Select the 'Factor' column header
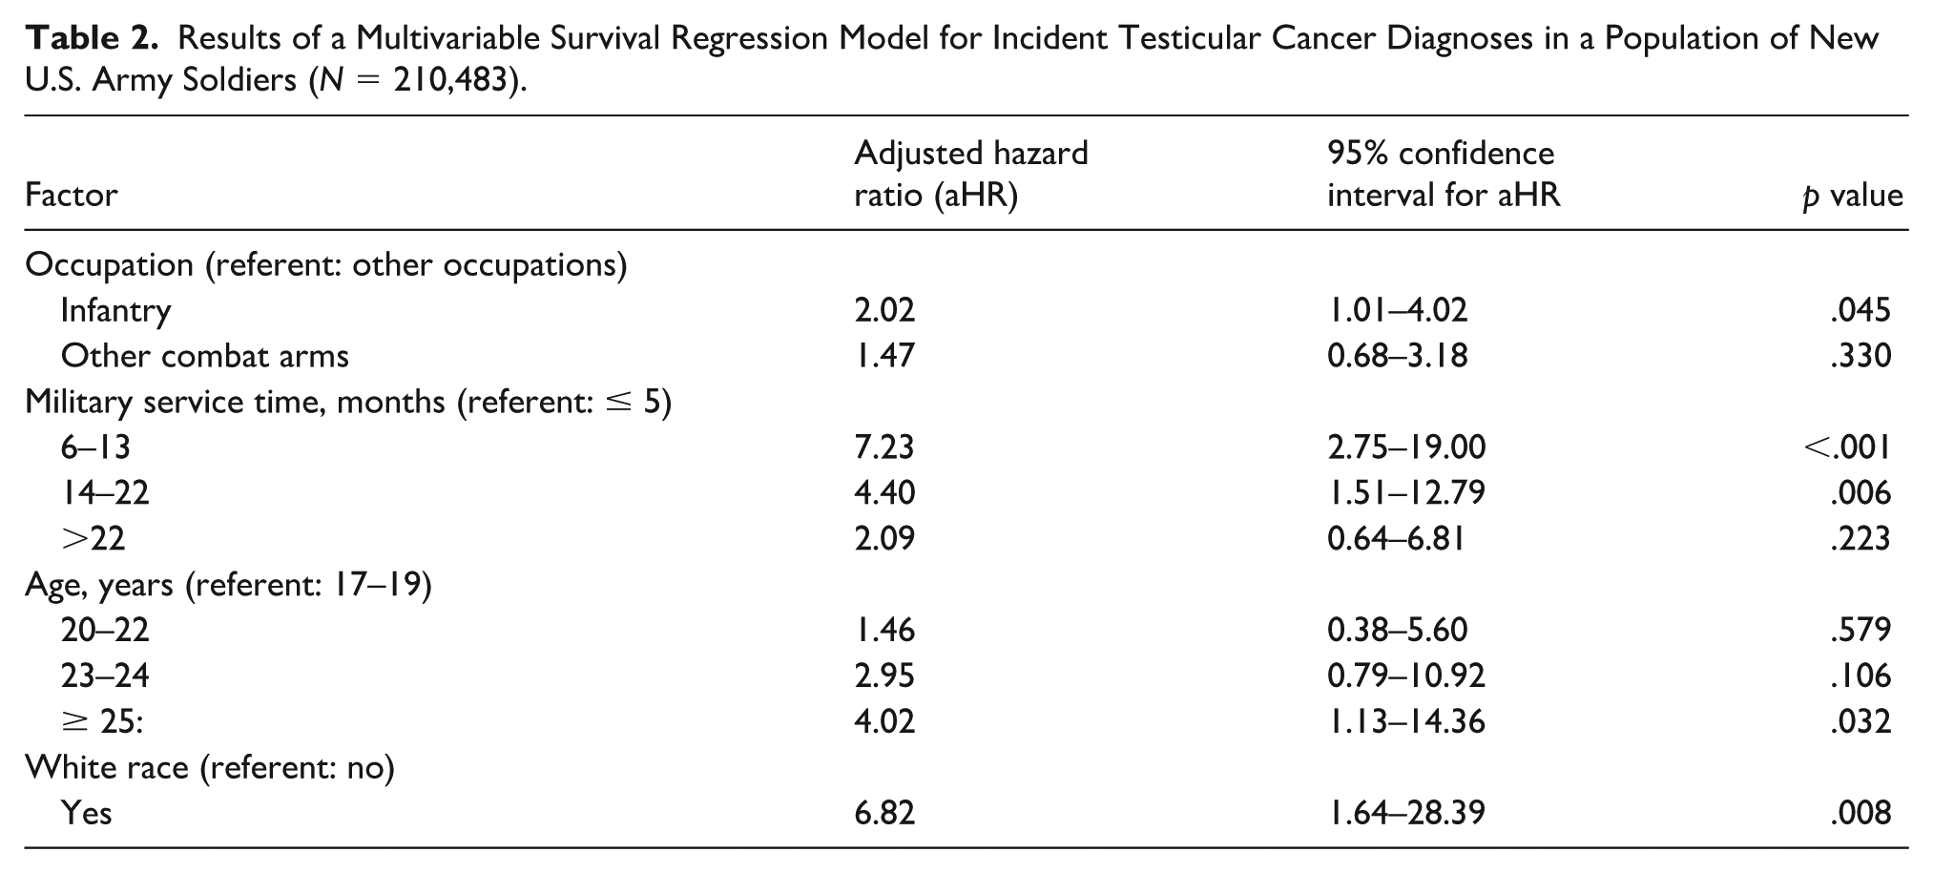72,195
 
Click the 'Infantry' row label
115,311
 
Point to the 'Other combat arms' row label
205,356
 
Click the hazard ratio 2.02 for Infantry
884,310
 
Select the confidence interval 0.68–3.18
1397,356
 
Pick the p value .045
1860,310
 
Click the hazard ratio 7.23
884,447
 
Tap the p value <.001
1846,447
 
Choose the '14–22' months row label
105,493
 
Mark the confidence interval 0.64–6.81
1396,539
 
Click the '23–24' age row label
105,676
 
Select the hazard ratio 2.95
884,676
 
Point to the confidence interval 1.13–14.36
1406,722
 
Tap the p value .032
1860,722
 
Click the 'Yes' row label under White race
87,813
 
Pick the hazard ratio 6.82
884,813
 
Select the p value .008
1860,813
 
